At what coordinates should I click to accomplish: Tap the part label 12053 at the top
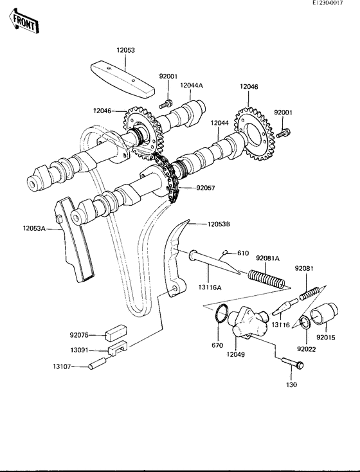126,50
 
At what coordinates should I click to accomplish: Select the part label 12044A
191,85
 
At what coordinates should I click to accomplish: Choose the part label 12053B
218,224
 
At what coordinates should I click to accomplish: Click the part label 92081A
269,258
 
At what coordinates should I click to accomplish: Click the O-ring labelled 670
221,315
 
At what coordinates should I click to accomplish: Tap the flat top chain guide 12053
122,76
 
